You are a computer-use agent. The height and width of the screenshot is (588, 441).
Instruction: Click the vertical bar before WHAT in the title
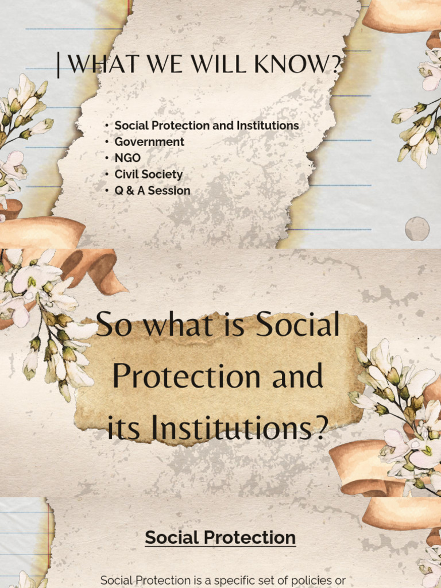pos(59,65)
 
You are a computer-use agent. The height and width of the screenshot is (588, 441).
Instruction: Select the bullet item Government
pos(149,142)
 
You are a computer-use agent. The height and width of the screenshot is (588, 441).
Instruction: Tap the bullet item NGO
pos(127,158)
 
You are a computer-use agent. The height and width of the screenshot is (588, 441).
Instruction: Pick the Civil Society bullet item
pos(148,174)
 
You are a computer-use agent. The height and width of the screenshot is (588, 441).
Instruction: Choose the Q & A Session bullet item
pos(152,191)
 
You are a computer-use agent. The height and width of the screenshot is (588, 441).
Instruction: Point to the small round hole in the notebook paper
pos(417,229)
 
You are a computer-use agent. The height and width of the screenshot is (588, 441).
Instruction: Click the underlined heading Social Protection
pos(220,537)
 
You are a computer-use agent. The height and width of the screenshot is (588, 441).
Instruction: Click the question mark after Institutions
pos(322,428)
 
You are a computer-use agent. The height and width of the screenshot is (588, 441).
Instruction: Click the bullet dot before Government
pos(107,142)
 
